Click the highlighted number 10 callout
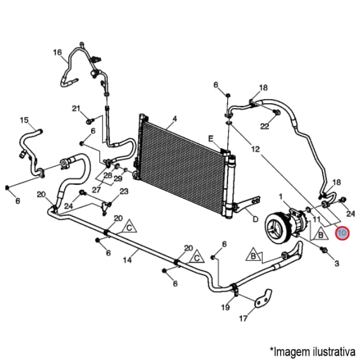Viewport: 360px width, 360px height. (343, 233)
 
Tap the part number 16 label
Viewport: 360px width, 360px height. (58, 53)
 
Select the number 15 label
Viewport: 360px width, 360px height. (25, 121)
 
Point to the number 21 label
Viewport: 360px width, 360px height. (76, 109)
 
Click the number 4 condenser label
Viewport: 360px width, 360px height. (174, 119)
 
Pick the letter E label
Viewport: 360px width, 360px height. (211, 139)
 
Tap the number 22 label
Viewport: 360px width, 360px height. (265, 126)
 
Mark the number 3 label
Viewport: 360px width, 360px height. (336, 263)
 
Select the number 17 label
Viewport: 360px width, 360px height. (243, 319)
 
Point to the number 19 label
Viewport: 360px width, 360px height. (226, 308)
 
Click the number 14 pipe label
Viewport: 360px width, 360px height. (127, 260)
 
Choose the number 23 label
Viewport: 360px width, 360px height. (124, 192)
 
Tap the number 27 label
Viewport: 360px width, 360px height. (97, 190)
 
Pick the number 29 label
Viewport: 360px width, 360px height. (118, 179)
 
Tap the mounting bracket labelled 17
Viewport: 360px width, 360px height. (262, 299)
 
